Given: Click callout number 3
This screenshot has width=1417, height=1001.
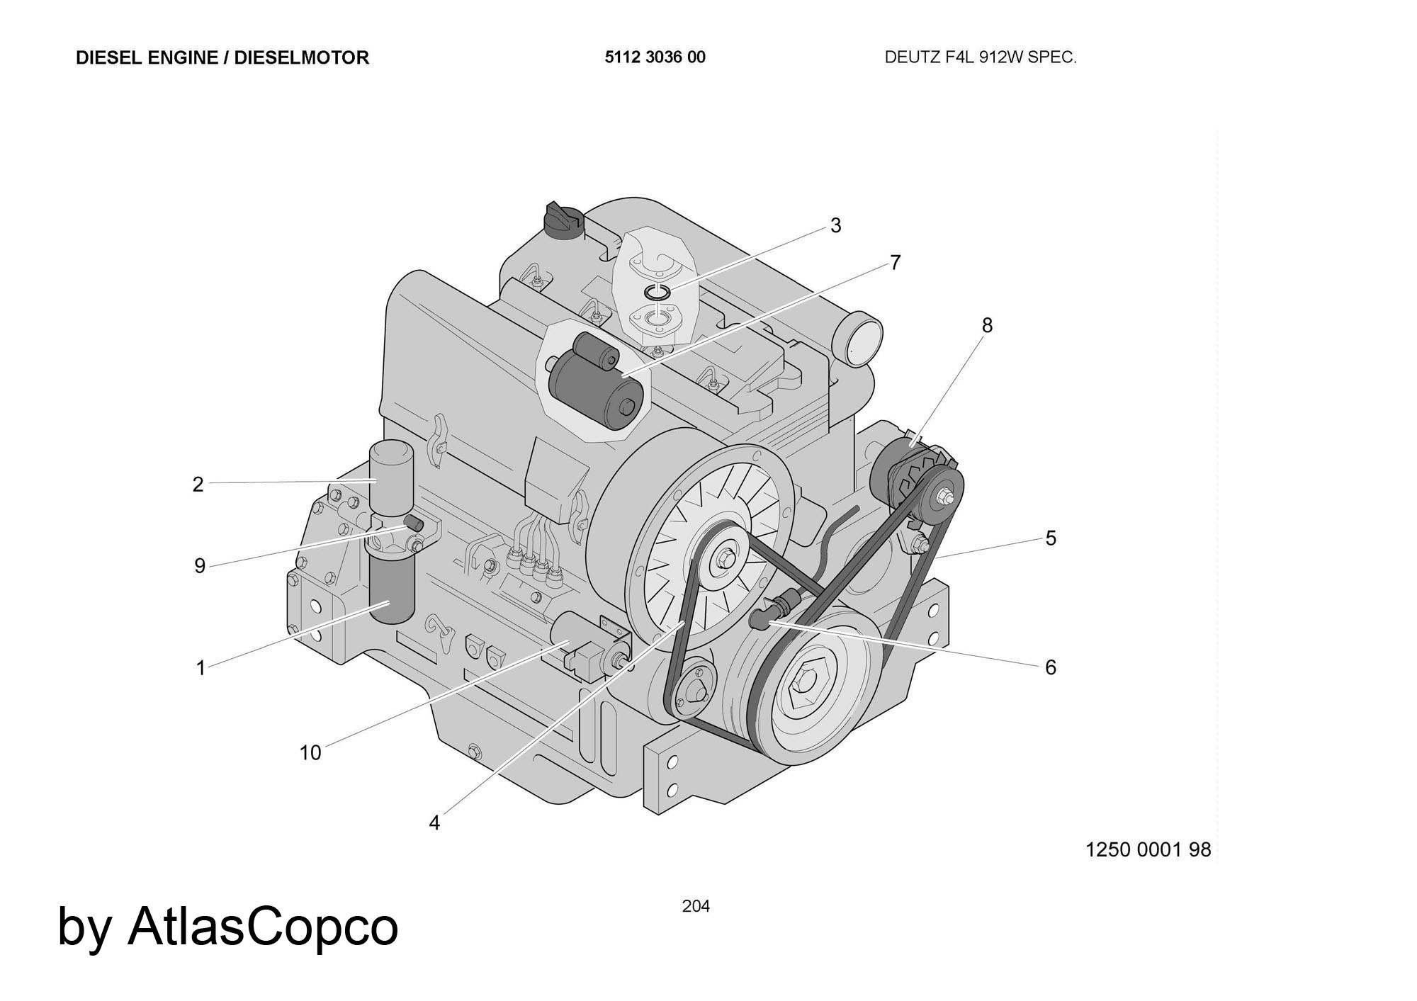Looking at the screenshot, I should (836, 225).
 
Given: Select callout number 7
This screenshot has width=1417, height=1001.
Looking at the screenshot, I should (896, 263).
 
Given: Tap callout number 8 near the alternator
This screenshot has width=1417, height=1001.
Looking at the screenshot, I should (987, 325).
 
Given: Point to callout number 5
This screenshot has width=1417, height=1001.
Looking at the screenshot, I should (1051, 538).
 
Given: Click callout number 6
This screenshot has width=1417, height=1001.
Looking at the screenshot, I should (1051, 667).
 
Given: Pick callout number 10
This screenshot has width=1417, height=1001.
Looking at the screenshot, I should (310, 752).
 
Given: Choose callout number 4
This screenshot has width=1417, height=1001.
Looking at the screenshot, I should (434, 822).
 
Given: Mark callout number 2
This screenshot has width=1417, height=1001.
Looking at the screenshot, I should (198, 485).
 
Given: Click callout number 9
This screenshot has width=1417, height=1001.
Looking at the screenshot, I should (200, 566).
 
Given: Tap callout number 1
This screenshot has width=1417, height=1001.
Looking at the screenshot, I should (201, 668).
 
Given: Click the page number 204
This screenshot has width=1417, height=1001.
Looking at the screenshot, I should (696, 906).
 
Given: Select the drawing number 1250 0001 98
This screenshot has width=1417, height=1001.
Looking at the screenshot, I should (1148, 849).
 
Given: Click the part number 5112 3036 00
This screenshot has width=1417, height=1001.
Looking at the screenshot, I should (655, 57).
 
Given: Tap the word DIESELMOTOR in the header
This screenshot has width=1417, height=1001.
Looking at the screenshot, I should (301, 57).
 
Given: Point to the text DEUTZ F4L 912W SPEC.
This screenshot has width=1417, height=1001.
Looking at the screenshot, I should (981, 57).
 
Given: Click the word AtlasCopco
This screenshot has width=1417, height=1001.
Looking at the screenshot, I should (263, 926).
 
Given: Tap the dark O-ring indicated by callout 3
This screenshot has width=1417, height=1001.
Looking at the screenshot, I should (658, 292).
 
